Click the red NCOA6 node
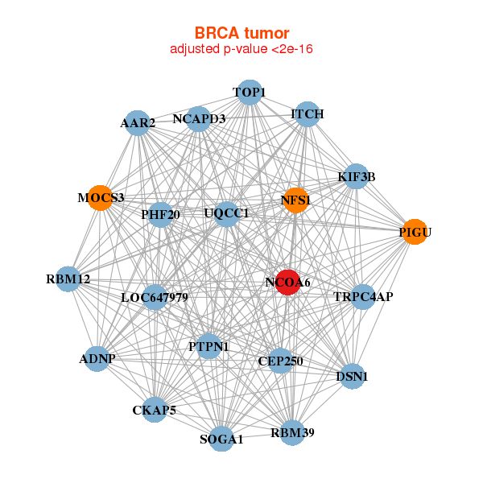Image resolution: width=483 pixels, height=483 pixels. pos(288,283)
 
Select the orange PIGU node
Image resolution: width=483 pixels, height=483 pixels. pos(415,232)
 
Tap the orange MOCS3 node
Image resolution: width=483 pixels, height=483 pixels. pos(100,198)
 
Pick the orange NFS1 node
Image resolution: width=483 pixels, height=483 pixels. pos(295,200)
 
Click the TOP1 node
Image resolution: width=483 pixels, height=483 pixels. pos(250,93)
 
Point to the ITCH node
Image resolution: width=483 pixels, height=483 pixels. pos(307,114)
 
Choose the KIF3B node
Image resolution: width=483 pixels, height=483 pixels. pos(356,176)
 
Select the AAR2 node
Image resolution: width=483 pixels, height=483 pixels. pos(138,123)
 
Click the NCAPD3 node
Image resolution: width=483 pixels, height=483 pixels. pos(199,119)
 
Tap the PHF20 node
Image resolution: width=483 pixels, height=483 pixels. pos(161,214)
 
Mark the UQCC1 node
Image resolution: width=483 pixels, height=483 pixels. pos(226,213)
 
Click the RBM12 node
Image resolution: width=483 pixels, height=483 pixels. pos(68,279)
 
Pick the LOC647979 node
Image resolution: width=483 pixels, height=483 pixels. pos(155,297)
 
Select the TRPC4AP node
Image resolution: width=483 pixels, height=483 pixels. pos(363,297)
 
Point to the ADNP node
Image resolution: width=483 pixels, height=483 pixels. pos(97,357)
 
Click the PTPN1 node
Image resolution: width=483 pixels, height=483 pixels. pos(208,346)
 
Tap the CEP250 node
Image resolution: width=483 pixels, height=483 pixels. pos(280,361)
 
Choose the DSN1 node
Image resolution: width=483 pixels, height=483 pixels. pos(352,375)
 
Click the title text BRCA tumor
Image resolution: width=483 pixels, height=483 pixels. pos(242,33)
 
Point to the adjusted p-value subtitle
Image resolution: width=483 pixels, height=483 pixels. pos(242,49)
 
